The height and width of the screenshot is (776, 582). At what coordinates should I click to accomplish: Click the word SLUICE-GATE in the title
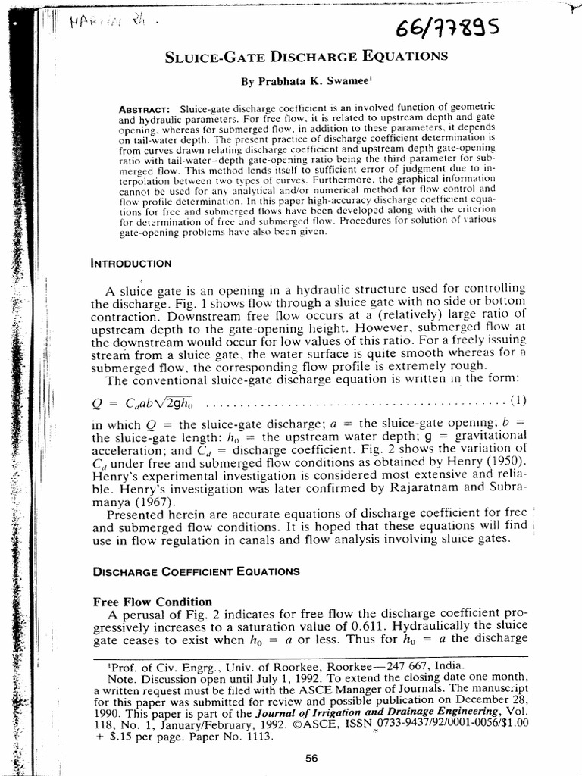click(221, 57)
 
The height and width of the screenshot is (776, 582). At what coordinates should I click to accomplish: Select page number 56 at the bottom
click(311, 757)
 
